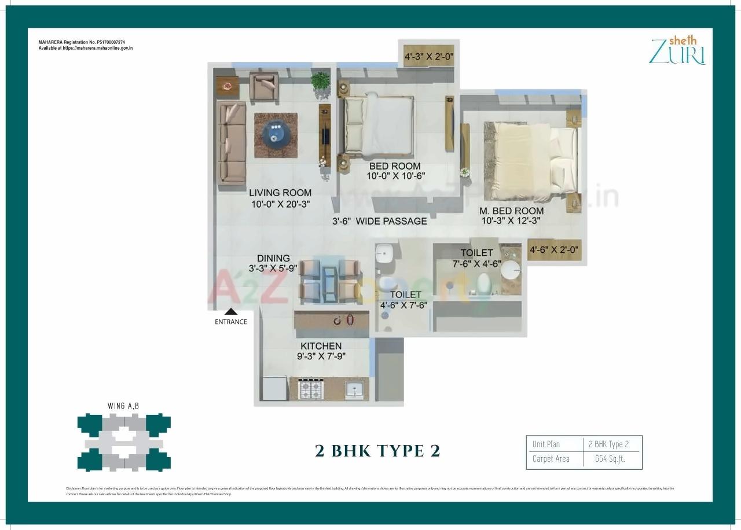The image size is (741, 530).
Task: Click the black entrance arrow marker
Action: pyautogui.click(x=230, y=311)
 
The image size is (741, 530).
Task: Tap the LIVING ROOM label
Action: pyautogui.click(x=280, y=193)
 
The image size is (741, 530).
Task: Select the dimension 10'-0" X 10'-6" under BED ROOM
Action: pyautogui.click(x=396, y=176)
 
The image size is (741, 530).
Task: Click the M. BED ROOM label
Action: pyautogui.click(x=511, y=211)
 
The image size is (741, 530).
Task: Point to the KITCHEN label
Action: pyautogui.click(x=321, y=346)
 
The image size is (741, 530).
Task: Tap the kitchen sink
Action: pyautogui.click(x=353, y=389)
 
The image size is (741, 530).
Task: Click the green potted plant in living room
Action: pyautogui.click(x=320, y=81)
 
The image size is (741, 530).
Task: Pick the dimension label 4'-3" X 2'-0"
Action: pyautogui.click(x=429, y=57)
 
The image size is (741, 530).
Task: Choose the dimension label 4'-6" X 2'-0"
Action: pyautogui.click(x=554, y=251)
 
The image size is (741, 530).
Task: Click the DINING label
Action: pyautogui.click(x=273, y=258)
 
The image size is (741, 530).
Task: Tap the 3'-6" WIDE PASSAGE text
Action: pyautogui.click(x=380, y=221)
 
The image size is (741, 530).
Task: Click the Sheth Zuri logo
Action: pyautogui.click(x=677, y=50)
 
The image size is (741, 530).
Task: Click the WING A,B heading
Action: pyautogui.click(x=123, y=406)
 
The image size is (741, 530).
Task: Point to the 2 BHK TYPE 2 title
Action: pyautogui.click(x=377, y=451)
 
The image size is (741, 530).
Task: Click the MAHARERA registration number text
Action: pyautogui.click(x=82, y=42)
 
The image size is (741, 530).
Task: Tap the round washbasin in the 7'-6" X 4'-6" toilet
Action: pyautogui.click(x=511, y=269)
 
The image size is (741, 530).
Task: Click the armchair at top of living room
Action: pyautogui.click(x=265, y=85)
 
